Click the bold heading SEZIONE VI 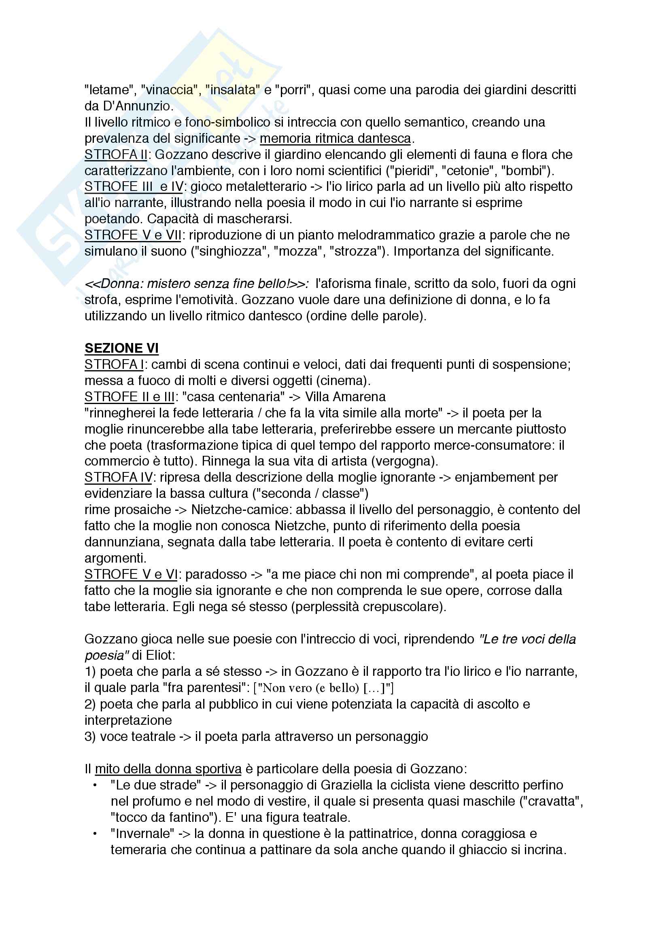(121, 348)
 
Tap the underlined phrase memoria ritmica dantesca (335, 138)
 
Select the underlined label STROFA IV (118, 477)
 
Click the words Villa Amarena (345, 396)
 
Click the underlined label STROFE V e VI (131, 574)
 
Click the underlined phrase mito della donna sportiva (168, 769)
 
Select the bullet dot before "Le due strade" (95, 785)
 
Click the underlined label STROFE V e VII (133, 235)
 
